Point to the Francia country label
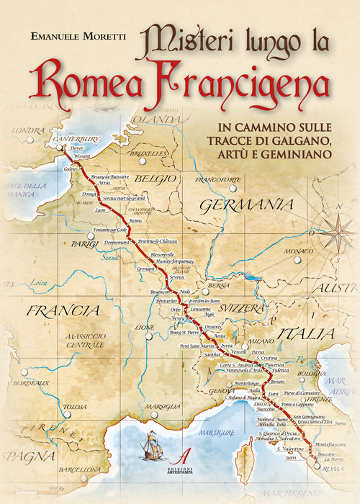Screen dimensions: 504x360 61,311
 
